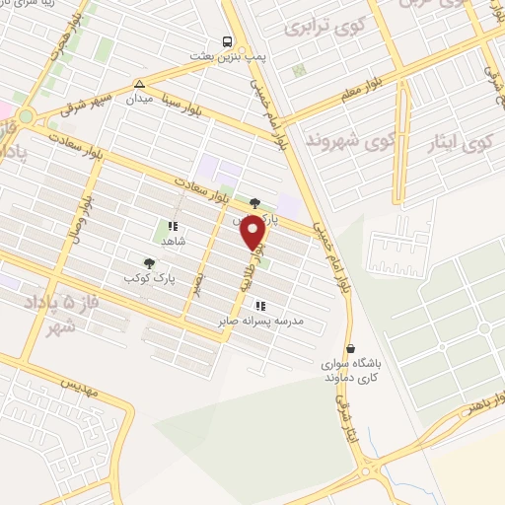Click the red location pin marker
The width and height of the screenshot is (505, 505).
click(253, 233)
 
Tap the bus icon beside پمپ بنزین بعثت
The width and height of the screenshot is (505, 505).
click(227, 41)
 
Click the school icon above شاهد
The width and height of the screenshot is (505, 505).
click(173, 226)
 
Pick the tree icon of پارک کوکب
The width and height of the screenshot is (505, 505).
click(149, 262)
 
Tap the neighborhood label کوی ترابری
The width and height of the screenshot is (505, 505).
click(319, 30)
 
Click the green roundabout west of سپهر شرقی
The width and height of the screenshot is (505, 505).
click(25, 116)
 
